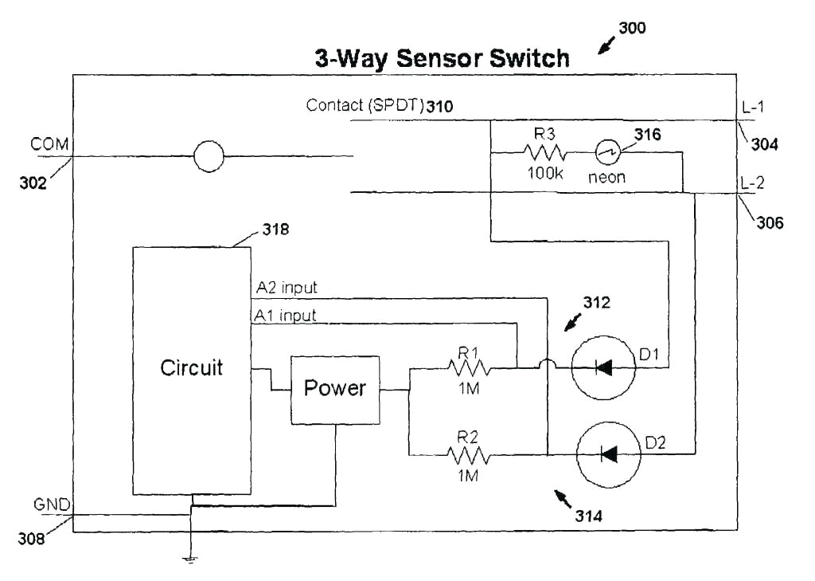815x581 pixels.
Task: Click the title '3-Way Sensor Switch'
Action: point(443,58)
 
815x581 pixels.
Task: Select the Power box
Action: point(335,390)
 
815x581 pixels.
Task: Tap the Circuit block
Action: point(192,369)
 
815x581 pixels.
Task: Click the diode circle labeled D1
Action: point(604,367)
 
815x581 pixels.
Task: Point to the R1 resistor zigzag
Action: point(470,368)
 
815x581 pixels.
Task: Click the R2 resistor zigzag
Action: point(470,455)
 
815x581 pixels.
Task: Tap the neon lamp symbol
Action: point(609,151)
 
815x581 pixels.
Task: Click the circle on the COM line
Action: point(209,156)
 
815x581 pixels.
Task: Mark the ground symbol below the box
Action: point(191,558)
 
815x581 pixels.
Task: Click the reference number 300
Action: point(632,28)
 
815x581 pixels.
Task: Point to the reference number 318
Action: point(275,230)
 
